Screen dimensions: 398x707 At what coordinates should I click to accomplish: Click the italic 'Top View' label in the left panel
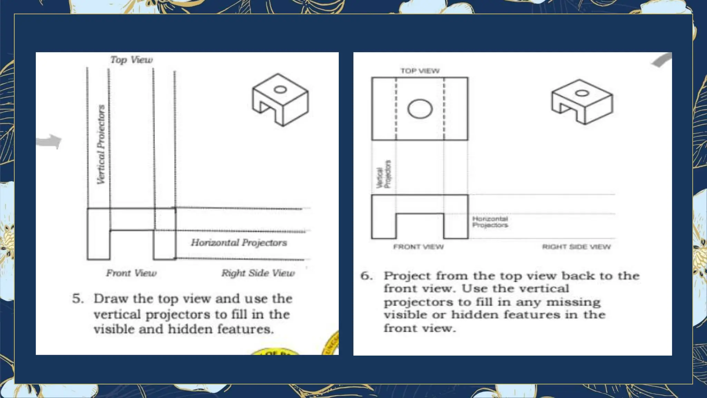[132, 60]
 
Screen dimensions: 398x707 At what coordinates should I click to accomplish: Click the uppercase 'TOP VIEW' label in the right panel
[420, 71]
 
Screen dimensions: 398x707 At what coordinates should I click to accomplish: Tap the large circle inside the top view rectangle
[420, 109]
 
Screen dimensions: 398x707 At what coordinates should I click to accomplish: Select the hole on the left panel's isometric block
[280, 90]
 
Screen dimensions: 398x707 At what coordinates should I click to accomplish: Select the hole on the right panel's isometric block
[582, 93]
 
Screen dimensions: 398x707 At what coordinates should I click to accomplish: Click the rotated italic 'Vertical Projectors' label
[101, 144]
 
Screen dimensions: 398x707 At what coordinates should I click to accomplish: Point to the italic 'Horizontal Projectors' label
[239, 243]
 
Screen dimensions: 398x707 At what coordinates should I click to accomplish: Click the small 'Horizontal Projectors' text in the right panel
[490, 222]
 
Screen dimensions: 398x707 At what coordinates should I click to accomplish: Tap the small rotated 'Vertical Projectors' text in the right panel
[384, 175]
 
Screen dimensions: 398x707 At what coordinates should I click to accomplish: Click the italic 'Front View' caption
[131, 273]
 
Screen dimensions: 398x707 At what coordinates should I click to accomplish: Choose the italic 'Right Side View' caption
[258, 273]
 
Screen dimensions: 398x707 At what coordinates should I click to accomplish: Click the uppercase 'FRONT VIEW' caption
[418, 247]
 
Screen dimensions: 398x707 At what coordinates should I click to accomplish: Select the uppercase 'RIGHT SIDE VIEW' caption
[576, 247]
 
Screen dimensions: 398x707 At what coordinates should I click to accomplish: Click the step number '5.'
[78, 298]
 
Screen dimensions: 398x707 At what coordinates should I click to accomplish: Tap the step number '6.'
[366, 276]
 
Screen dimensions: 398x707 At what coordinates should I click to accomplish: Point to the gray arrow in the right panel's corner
[661, 60]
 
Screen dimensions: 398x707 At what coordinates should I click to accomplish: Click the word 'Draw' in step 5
[110, 298]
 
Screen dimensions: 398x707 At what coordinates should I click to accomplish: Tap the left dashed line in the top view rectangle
[396, 109]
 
